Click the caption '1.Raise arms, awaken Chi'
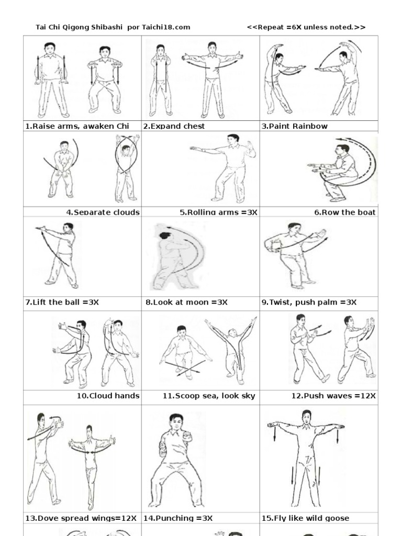point(76,126)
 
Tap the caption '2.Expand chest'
point(174,126)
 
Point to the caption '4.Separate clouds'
point(103,213)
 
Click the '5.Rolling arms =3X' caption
point(218,213)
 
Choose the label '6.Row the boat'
point(345,213)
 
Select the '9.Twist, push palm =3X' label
point(309,303)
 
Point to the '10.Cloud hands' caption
point(108,396)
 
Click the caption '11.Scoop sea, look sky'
point(209,396)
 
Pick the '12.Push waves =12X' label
point(333,396)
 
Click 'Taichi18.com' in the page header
point(166,27)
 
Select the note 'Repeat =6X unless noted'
point(306,27)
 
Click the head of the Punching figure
point(176,422)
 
